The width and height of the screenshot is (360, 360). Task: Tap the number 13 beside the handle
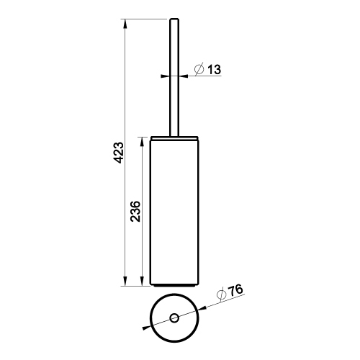click(x=214, y=70)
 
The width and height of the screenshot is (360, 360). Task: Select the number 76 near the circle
click(x=235, y=292)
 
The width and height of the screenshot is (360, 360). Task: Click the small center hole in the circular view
click(x=174, y=318)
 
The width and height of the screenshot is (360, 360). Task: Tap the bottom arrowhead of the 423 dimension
click(x=127, y=282)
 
